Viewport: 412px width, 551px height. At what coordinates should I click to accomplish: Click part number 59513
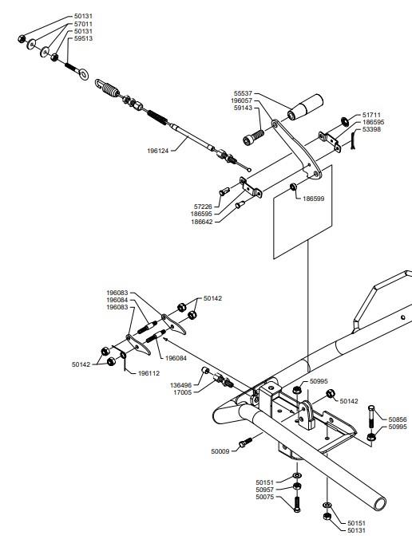pos(83,38)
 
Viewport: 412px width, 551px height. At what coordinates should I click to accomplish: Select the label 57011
pos(83,24)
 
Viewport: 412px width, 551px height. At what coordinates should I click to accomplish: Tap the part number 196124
pos(158,151)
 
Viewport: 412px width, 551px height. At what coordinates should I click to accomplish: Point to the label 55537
pos(243,93)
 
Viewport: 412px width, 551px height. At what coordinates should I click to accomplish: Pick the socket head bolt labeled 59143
pos(253,137)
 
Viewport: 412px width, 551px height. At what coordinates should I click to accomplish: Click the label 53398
pos(371,129)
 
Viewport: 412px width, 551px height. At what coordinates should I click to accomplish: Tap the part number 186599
pos(314,199)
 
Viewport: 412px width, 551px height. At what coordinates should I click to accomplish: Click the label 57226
pos(203,207)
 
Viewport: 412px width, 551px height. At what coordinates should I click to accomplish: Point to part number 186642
pos(202,222)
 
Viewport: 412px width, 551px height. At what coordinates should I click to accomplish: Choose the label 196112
pos(149,373)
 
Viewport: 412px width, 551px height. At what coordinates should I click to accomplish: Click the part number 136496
pos(180,385)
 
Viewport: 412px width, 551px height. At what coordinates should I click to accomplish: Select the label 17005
pos(183,392)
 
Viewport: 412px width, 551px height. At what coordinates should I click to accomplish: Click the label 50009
pos(220,451)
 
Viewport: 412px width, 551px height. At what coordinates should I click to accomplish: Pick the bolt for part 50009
pos(246,443)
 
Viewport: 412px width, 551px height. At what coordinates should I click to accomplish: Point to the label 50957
pos(265,490)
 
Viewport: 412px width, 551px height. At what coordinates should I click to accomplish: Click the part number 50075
pos(265,497)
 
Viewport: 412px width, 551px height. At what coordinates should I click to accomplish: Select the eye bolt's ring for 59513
pos(84,74)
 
